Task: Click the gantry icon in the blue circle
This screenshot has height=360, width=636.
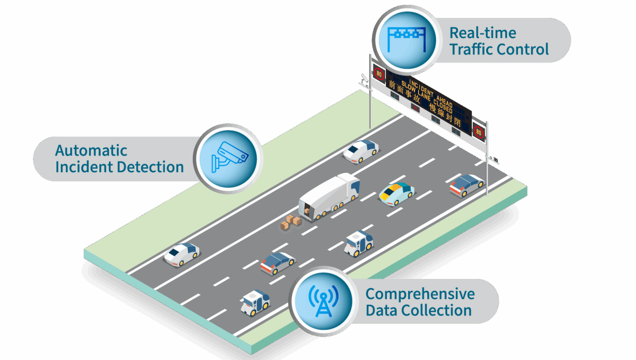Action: click(x=407, y=39)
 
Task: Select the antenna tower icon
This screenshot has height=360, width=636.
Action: click(x=323, y=301)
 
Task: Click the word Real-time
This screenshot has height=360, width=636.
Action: click(x=483, y=33)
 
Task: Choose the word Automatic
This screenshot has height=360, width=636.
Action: click(x=91, y=150)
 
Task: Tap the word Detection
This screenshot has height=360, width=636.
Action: click(x=153, y=167)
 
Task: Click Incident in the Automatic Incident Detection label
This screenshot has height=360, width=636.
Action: click(x=84, y=167)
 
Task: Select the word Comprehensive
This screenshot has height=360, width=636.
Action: click(x=420, y=294)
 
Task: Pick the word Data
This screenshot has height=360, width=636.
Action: click(x=381, y=310)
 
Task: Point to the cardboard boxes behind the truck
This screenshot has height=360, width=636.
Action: click(x=291, y=222)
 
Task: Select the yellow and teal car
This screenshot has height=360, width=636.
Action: click(x=396, y=193)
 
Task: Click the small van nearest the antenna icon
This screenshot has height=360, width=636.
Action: click(x=255, y=302)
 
